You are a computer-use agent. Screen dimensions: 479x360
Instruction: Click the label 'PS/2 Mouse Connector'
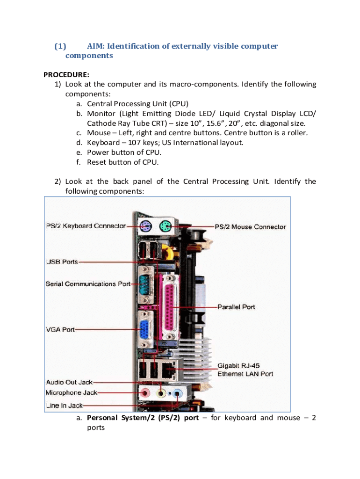coord(250,227)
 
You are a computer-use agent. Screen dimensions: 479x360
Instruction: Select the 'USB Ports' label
coord(62,262)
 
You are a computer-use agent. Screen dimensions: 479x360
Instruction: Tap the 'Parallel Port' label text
coord(236,307)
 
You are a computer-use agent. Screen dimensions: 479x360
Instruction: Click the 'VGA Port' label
coord(60,329)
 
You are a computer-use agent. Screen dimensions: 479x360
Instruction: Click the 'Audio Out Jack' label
coord(69,382)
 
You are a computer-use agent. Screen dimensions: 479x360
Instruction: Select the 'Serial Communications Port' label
coord(87,284)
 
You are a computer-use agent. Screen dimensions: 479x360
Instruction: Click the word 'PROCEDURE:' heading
coord(66,74)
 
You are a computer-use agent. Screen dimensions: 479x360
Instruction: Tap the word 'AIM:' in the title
coord(97,46)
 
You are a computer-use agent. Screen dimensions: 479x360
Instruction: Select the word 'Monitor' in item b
coord(101,114)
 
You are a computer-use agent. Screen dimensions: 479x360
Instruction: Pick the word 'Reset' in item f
coord(97,162)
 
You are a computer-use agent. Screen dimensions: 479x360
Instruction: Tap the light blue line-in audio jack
coord(178,394)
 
